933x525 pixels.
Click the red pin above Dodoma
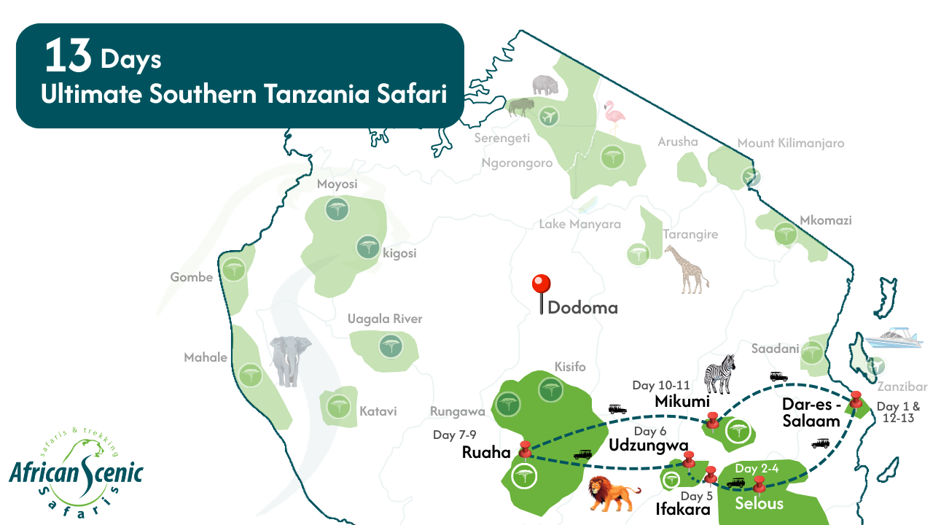point(541,284)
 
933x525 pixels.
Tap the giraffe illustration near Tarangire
point(685,269)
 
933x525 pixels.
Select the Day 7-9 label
point(454,435)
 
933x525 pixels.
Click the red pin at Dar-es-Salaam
point(856,399)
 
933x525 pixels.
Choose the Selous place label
point(759,503)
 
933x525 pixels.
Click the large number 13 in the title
point(68,57)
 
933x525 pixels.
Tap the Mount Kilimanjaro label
point(790,143)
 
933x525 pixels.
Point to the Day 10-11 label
point(661,385)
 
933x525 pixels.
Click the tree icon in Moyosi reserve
point(336,211)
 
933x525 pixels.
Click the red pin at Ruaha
point(525,449)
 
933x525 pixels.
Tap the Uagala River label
point(385,319)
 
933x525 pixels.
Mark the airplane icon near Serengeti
point(549,115)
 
